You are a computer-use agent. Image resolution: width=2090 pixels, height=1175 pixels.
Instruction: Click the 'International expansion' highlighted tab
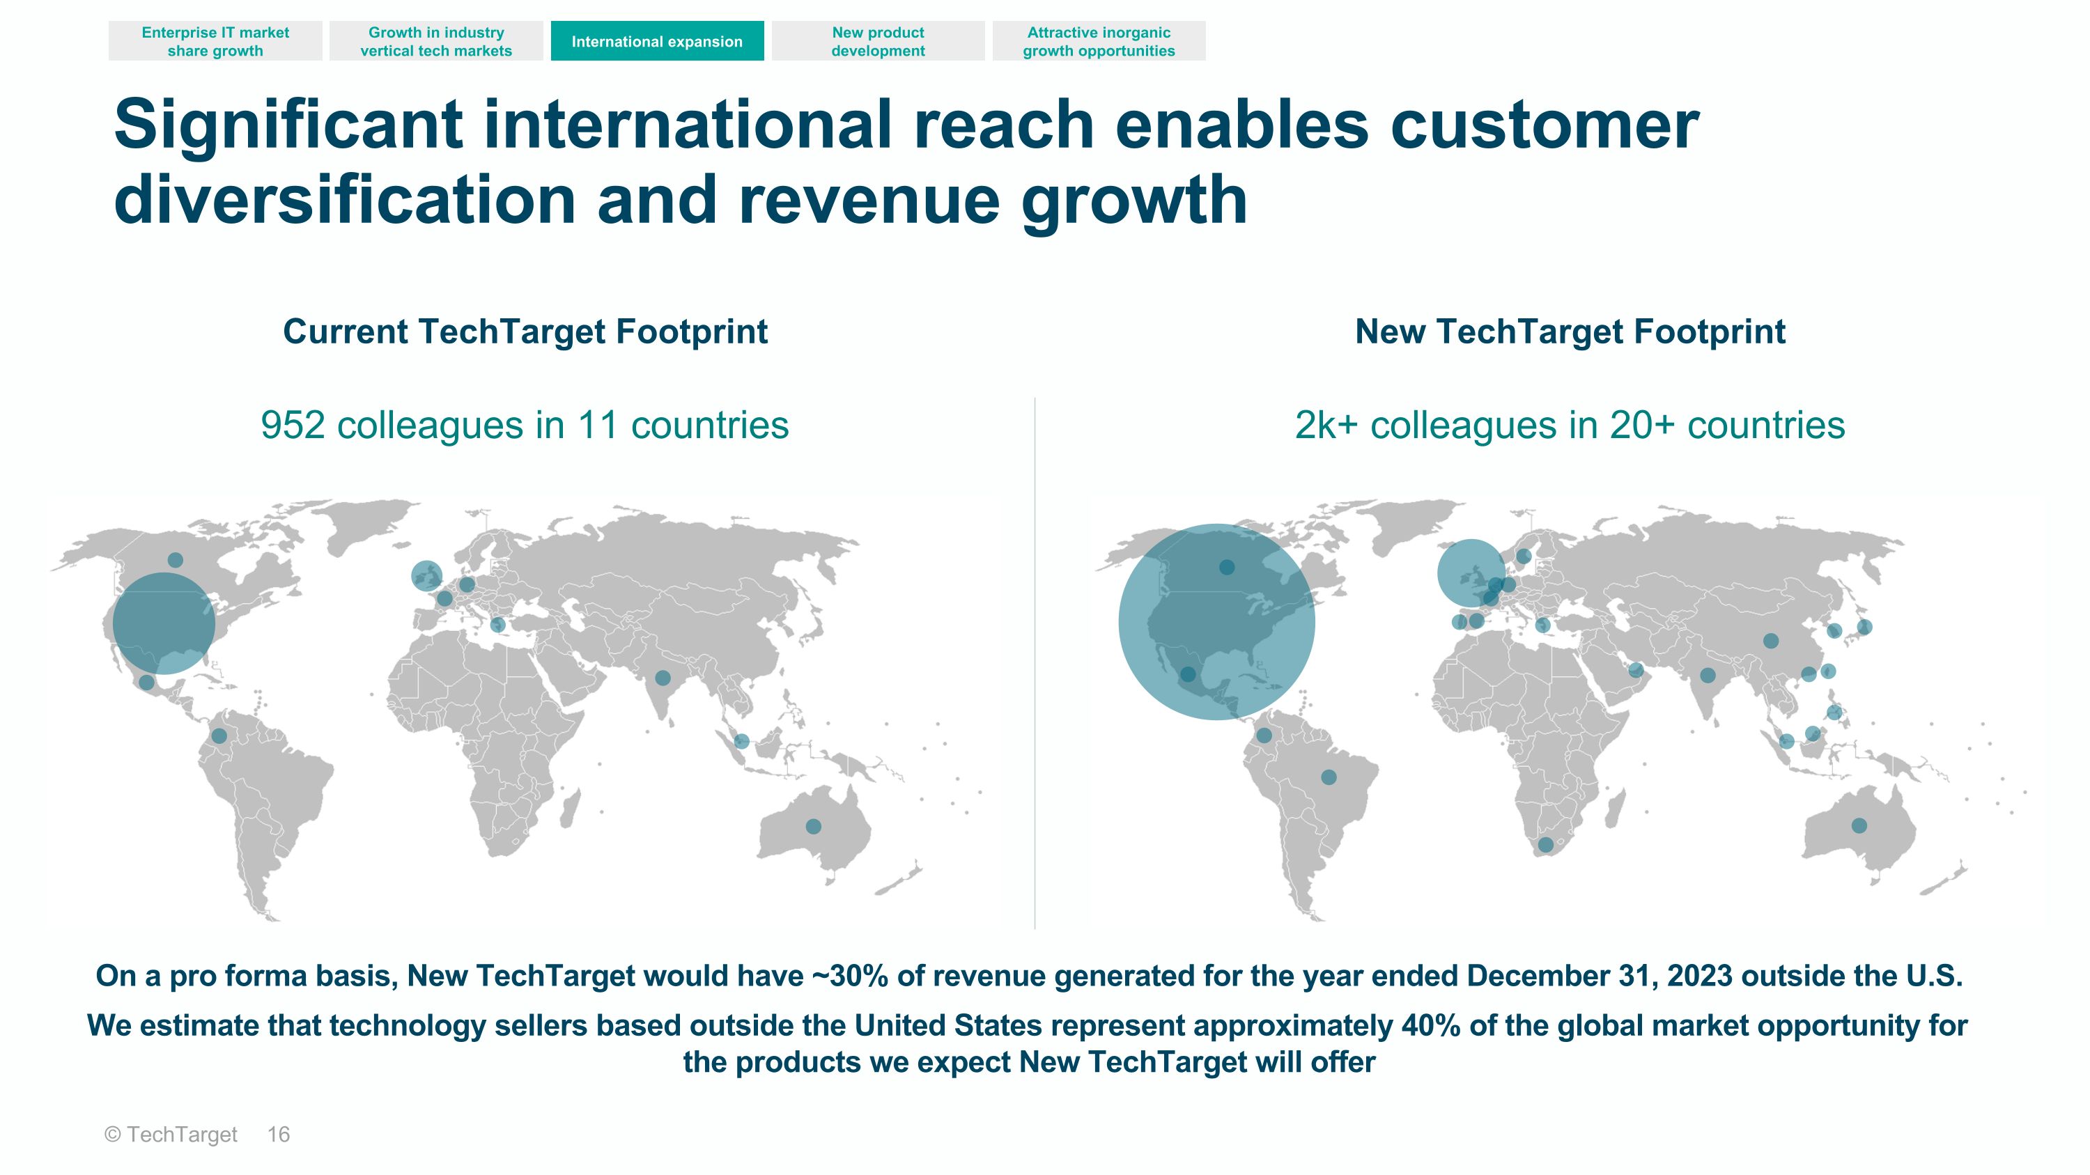click(657, 41)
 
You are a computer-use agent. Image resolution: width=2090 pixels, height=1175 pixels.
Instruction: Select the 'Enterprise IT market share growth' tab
click(215, 41)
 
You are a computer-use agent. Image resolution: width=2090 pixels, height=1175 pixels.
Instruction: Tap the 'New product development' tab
click(878, 41)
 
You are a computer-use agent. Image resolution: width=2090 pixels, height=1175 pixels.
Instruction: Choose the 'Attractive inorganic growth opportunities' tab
click(1099, 41)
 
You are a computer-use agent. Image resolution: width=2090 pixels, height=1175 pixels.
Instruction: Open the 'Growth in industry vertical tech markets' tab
click(437, 41)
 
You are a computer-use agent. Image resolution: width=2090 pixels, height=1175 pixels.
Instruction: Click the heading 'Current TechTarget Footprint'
click(525, 332)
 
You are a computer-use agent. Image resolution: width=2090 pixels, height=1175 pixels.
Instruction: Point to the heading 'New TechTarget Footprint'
click(1570, 332)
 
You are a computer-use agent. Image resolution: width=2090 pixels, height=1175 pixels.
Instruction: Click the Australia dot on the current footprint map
click(813, 826)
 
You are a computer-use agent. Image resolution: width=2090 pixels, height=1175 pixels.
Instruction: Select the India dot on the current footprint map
click(663, 678)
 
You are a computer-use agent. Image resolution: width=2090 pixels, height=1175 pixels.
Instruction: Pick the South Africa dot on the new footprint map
click(1546, 845)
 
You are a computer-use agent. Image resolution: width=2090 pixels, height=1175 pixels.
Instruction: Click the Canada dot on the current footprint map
click(176, 559)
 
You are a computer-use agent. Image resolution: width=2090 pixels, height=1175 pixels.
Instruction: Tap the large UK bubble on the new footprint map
click(1471, 573)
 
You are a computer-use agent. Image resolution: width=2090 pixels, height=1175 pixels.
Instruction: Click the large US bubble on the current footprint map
click(164, 623)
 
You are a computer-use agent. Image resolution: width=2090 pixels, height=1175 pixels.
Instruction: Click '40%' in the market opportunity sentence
click(1431, 1026)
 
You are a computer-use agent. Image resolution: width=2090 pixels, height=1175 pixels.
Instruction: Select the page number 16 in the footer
click(278, 1135)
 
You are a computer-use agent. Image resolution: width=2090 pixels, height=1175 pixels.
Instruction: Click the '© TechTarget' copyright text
click(171, 1135)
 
